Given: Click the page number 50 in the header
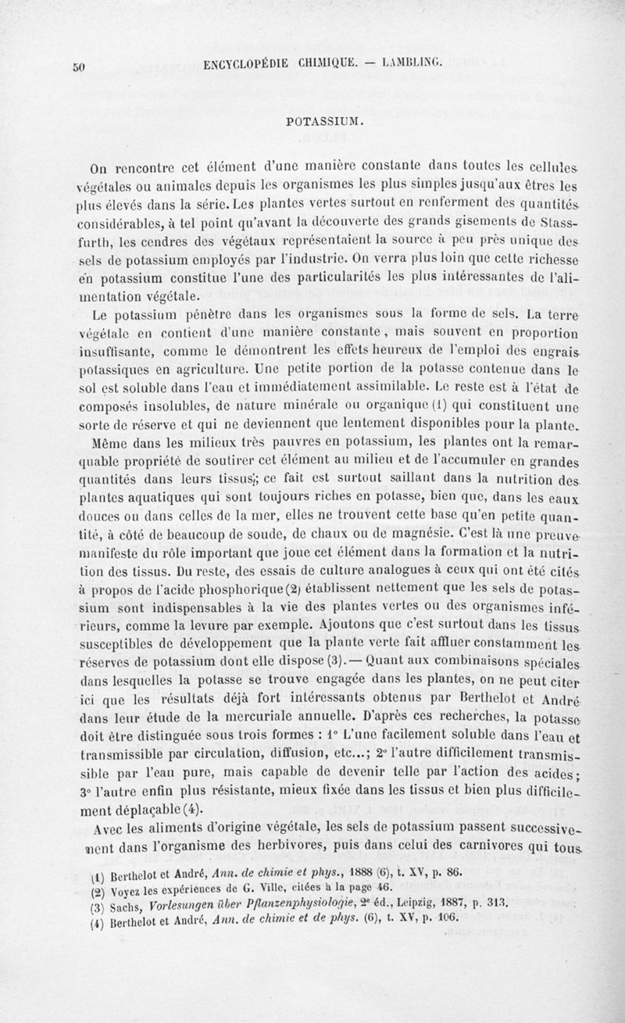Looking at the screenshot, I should click(x=78, y=66).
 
